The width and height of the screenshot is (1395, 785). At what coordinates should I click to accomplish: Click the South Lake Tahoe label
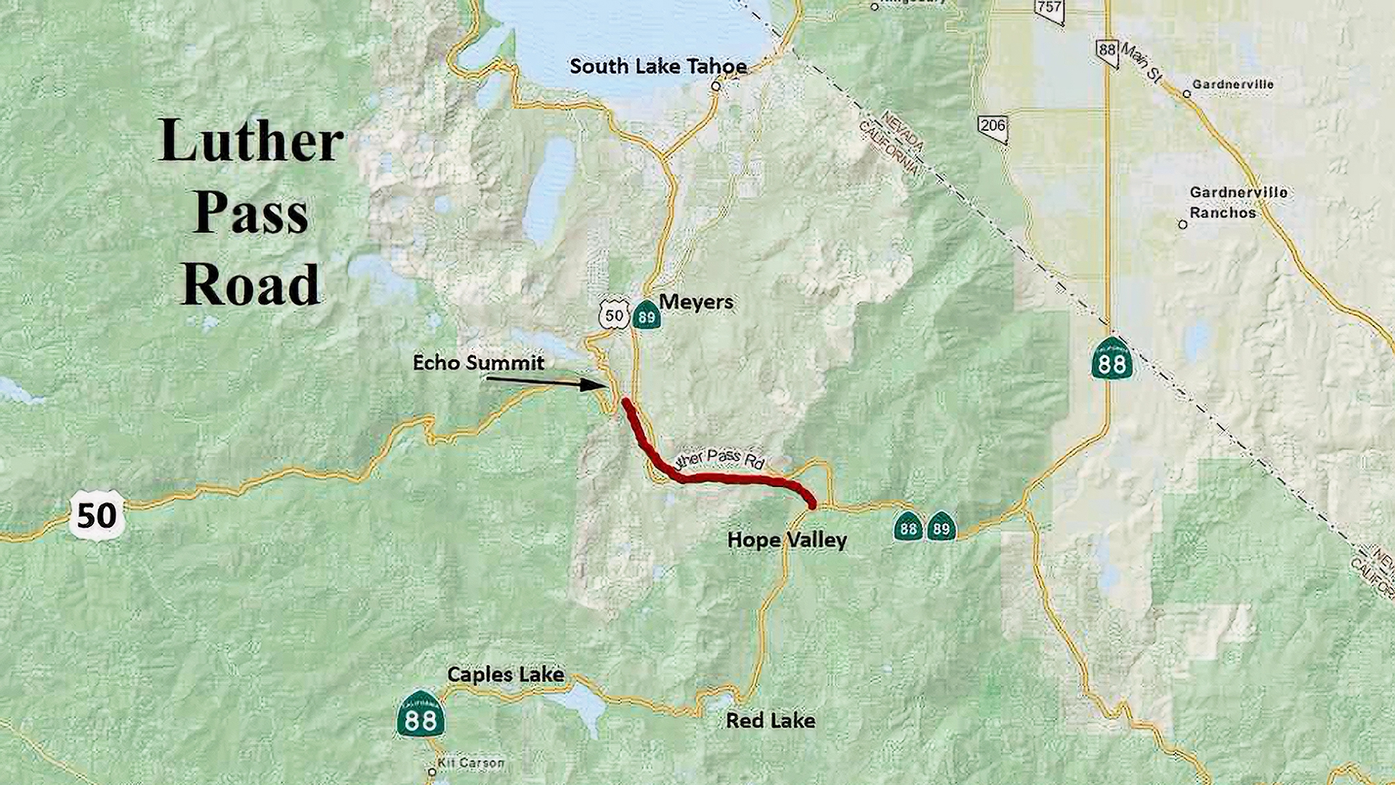point(658,67)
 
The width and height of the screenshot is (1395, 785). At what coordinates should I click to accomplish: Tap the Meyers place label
point(695,302)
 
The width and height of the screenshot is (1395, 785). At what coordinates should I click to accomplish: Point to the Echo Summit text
point(478,363)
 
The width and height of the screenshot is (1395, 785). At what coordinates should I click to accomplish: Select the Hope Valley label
point(787,540)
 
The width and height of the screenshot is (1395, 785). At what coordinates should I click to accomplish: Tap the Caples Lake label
point(506,675)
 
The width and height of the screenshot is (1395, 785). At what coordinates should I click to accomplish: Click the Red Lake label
point(770,720)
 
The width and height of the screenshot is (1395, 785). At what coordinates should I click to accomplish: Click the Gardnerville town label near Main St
point(1233,84)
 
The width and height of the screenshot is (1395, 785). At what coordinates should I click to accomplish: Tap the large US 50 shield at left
point(97,515)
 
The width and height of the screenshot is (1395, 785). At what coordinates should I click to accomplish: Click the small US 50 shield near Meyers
point(614,315)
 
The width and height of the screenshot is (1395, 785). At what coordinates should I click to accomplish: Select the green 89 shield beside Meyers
point(646,315)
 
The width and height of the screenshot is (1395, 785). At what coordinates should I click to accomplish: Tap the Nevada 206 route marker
point(992,128)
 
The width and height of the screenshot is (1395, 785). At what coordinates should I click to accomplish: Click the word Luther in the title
point(251,140)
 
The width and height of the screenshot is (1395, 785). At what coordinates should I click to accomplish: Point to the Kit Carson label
point(470,763)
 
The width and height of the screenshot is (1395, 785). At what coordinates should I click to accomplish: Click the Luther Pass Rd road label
point(720,458)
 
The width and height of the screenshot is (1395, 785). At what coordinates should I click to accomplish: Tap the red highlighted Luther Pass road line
point(727,478)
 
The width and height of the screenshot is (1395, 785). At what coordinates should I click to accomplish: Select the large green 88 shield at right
point(1112,358)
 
